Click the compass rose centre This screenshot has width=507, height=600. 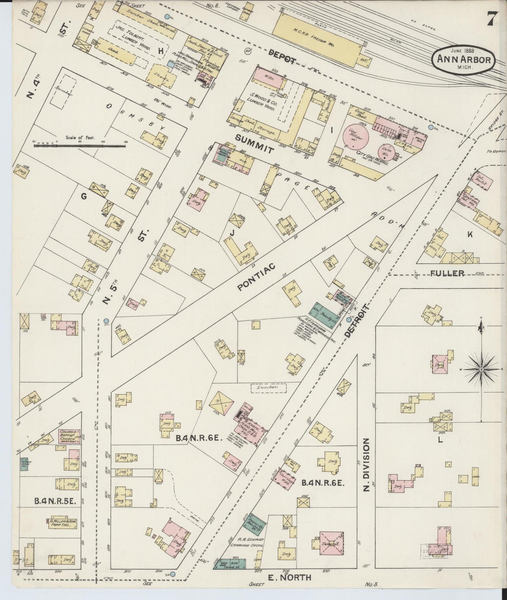coord(482,369)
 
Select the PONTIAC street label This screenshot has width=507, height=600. coord(256,277)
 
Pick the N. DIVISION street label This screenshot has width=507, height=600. coord(366,464)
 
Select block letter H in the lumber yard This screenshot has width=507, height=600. coord(161,51)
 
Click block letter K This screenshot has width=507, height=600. coord(470,235)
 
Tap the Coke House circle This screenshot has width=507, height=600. coord(389,151)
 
